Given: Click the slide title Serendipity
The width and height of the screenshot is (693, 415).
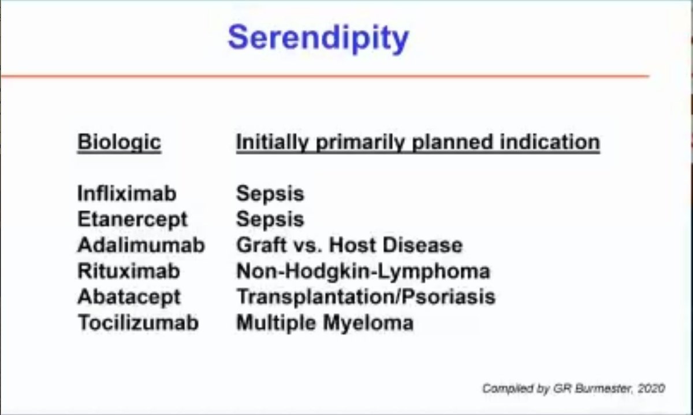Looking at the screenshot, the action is tap(318, 39).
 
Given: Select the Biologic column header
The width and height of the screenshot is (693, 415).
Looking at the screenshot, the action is tap(119, 143).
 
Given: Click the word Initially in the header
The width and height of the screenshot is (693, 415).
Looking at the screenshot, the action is tap(273, 143).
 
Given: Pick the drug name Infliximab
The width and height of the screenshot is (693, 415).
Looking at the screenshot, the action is tap(127, 193).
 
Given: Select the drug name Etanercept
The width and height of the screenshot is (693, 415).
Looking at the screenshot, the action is tap(132, 220).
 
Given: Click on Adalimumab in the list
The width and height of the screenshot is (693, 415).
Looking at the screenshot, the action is tap(141, 245).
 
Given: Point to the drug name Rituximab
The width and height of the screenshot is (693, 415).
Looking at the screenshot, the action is tap(128, 271).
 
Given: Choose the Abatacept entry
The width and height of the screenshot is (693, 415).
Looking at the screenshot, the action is tap(129, 297).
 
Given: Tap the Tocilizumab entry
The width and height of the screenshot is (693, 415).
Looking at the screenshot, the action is tap(138, 323).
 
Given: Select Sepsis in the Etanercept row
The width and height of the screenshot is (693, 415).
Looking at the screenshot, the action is tap(270, 220).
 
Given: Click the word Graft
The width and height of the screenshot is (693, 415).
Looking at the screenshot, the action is tap(262, 245).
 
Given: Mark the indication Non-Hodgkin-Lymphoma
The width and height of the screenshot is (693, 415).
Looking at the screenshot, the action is tap(363, 272).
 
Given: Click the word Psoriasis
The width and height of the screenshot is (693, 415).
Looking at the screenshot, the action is tap(449, 297).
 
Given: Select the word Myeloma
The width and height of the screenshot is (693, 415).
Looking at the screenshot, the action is tap(368, 323).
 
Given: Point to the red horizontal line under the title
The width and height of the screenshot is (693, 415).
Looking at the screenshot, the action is tap(325, 76).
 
